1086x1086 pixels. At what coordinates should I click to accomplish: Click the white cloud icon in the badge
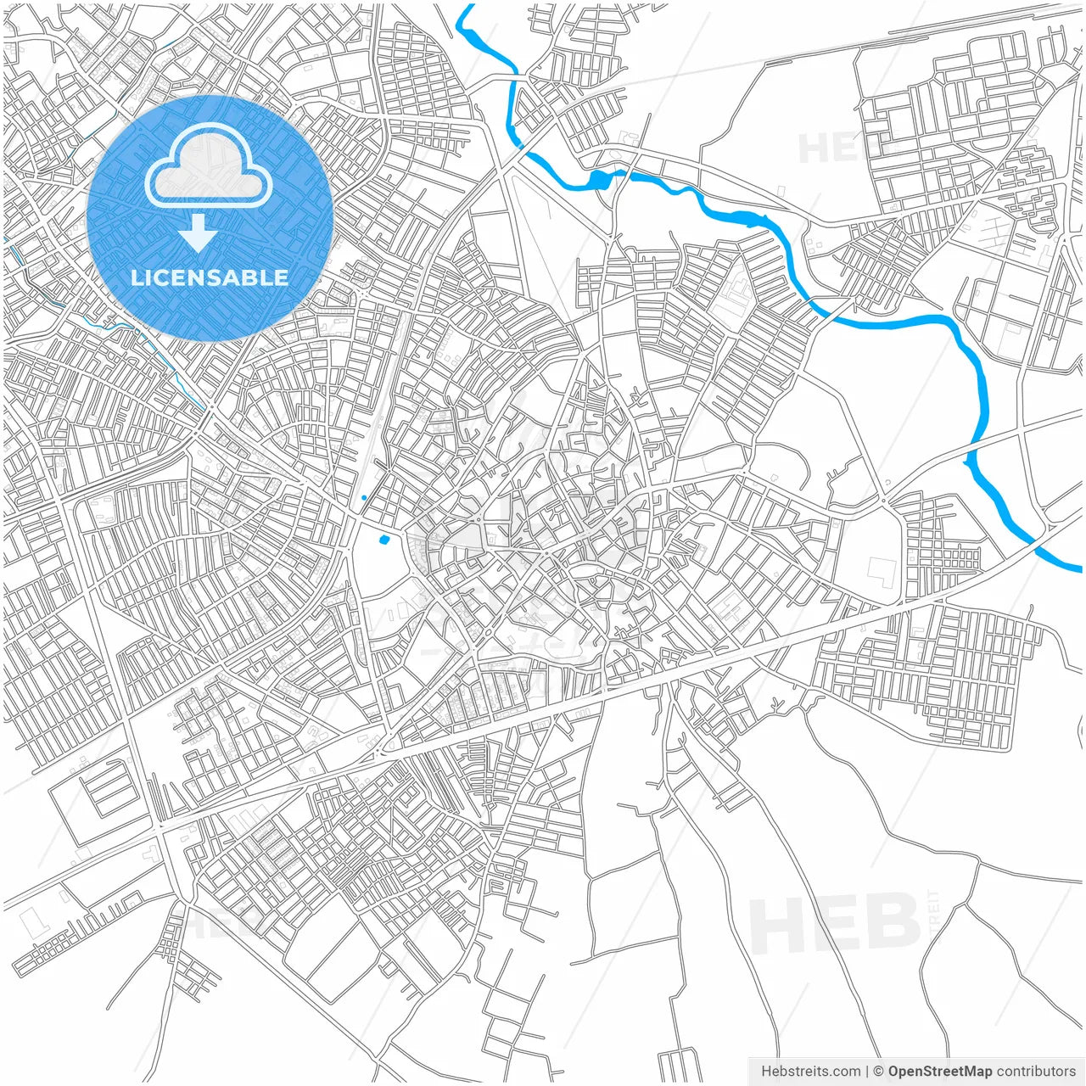click(x=208, y=165)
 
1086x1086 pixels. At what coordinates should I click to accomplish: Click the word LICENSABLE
click(x=210, y=277)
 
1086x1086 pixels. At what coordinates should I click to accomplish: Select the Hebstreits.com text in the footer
click(x=810, y=1072)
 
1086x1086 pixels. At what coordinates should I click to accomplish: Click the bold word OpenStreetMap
click(x=939, y=1072)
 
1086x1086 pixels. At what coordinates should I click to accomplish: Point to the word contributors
click(x=1035, y=1072)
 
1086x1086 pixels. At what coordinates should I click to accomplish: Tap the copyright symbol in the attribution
click(x=879, y=1072)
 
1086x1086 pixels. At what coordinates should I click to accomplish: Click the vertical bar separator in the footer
click(x=867, y=1072)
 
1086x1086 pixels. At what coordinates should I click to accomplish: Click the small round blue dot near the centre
click(x=364, y=498)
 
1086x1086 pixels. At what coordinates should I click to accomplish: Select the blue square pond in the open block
click(x=384, y=539)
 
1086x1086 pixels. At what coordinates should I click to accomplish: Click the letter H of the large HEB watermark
click(x=774, y=925)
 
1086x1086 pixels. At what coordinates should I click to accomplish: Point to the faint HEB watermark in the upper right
click(x=836, y=149)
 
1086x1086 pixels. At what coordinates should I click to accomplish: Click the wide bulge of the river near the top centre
click(x=600, y=179)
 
